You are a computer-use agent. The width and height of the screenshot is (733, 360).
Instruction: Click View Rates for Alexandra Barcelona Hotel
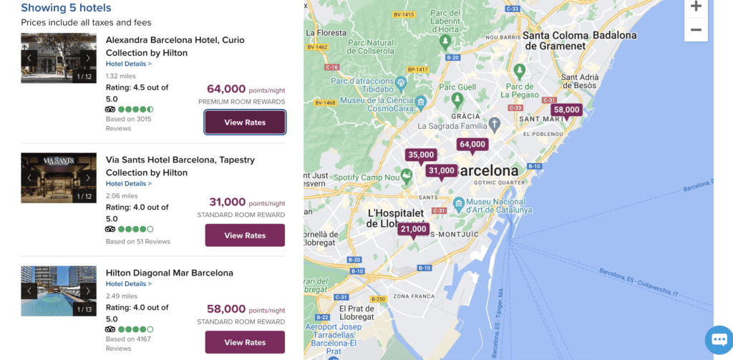point(245,122)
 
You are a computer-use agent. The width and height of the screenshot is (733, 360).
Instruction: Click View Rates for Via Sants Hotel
point(245,235)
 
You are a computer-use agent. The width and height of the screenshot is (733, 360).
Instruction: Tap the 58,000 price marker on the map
point(566,110)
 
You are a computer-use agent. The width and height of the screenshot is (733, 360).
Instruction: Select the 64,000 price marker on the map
point(472,145)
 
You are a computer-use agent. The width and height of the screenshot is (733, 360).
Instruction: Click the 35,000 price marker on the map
point(421,155)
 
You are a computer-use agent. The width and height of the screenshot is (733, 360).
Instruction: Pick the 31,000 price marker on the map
point(441,171)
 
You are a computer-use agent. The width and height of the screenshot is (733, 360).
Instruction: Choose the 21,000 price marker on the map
point(414,230)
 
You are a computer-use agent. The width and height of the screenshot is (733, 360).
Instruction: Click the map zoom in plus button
point(696,6)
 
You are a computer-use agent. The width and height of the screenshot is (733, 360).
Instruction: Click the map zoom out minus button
point(696,30)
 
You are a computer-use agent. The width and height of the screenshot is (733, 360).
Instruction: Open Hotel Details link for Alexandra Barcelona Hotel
point(128,64)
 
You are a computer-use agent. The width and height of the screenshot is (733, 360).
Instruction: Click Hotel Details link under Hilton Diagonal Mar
point(128,283)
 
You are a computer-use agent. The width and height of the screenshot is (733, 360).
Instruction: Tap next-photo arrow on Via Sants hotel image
point(88,177)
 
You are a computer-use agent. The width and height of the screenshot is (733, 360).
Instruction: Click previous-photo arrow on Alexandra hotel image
point(29,58)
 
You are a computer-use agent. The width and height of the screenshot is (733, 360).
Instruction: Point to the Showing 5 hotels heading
point(66,8)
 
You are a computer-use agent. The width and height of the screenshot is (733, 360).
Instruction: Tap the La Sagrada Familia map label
point(452,126)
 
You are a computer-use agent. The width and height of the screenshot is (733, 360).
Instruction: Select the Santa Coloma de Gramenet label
point(562,40)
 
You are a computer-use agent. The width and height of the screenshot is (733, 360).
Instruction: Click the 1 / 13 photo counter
point(84,309)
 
